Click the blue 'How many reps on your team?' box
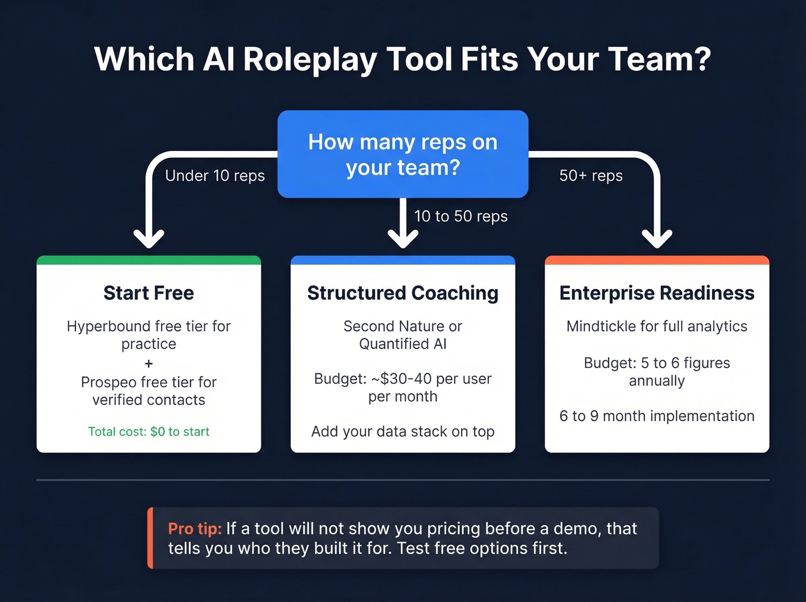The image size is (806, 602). pos(402,154)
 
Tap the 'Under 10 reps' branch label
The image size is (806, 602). pos(215,176)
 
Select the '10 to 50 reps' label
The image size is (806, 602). pos(461,216)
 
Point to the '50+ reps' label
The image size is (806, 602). pos(591,176)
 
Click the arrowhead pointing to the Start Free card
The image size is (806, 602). pos(149,237)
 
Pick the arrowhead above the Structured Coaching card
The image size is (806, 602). pos(403,237)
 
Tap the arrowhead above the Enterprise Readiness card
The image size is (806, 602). pos(657,237)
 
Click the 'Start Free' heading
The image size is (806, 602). pos(149,293)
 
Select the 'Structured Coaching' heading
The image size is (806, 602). pos(402,293)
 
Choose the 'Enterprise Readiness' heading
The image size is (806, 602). pos(657,293)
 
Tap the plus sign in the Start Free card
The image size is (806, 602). pos(149,364)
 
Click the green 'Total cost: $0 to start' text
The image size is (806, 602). pos(149,431)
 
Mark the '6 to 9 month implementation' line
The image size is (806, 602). pos(657,416)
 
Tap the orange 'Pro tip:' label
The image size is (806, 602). pos(195,529)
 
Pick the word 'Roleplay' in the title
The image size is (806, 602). pos(310,59)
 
